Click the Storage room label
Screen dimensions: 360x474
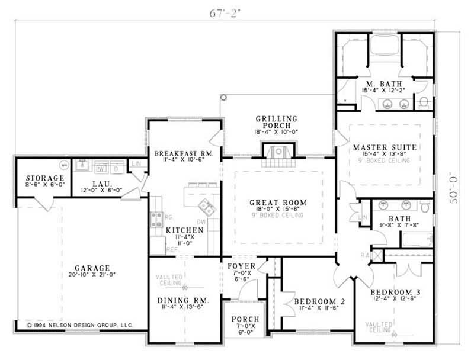44,178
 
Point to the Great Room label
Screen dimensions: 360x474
278,202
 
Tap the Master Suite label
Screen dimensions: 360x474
385,147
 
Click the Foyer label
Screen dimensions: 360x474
242,266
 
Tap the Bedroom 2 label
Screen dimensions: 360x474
319,301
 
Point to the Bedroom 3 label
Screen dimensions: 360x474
395,292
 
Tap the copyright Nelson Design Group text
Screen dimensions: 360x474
81,325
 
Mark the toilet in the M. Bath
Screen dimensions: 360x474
424,102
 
